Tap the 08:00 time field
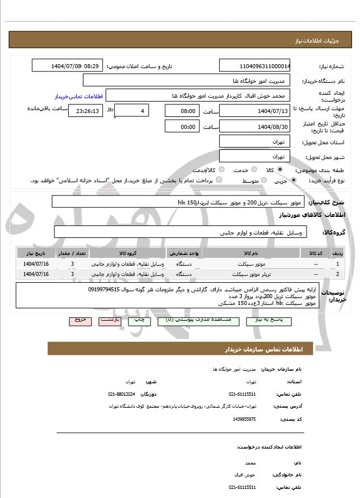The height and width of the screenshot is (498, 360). tap(181, 110)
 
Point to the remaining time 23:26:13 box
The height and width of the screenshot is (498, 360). tap(86, 111)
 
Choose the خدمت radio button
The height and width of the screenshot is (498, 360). tap(253, 170)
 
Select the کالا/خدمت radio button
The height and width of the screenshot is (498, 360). tap(221, 170)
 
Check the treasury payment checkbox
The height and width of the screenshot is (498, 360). tap(219, 181)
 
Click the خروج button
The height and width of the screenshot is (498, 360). tap(80, 320)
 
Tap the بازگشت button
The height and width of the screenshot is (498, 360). tap(110, 320)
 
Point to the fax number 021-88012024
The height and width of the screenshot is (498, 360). tap(122, 394)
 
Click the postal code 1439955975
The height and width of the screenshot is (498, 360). tap(244, 419)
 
